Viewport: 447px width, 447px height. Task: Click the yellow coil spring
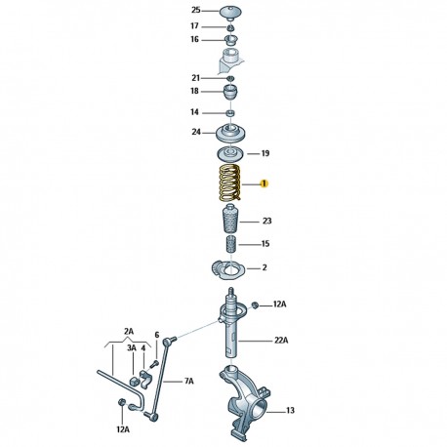pyautogui.click(x=229, y=183)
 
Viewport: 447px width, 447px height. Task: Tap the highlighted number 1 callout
pyautogui.click(x=264, y=183)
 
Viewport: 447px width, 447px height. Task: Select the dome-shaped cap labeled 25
pyautogui.click(x=230, y=13)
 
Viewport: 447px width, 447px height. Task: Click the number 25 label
pyautogui.click(x=196, y=10)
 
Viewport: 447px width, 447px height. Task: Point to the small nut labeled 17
pyautogui.click(x=230, y=28)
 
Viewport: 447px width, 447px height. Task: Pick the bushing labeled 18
pyautogui.click(x=230, y=93)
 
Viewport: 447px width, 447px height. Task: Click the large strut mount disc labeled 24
pyautogui.click(x=230, y=134)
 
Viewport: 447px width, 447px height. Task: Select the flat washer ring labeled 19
pyautogui.click(x=230, y=154)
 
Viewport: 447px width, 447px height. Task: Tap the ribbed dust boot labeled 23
pyautogui.click(x=230, y=218)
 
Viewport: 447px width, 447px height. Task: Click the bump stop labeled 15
pyautogui.click(x=230, y=244)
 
